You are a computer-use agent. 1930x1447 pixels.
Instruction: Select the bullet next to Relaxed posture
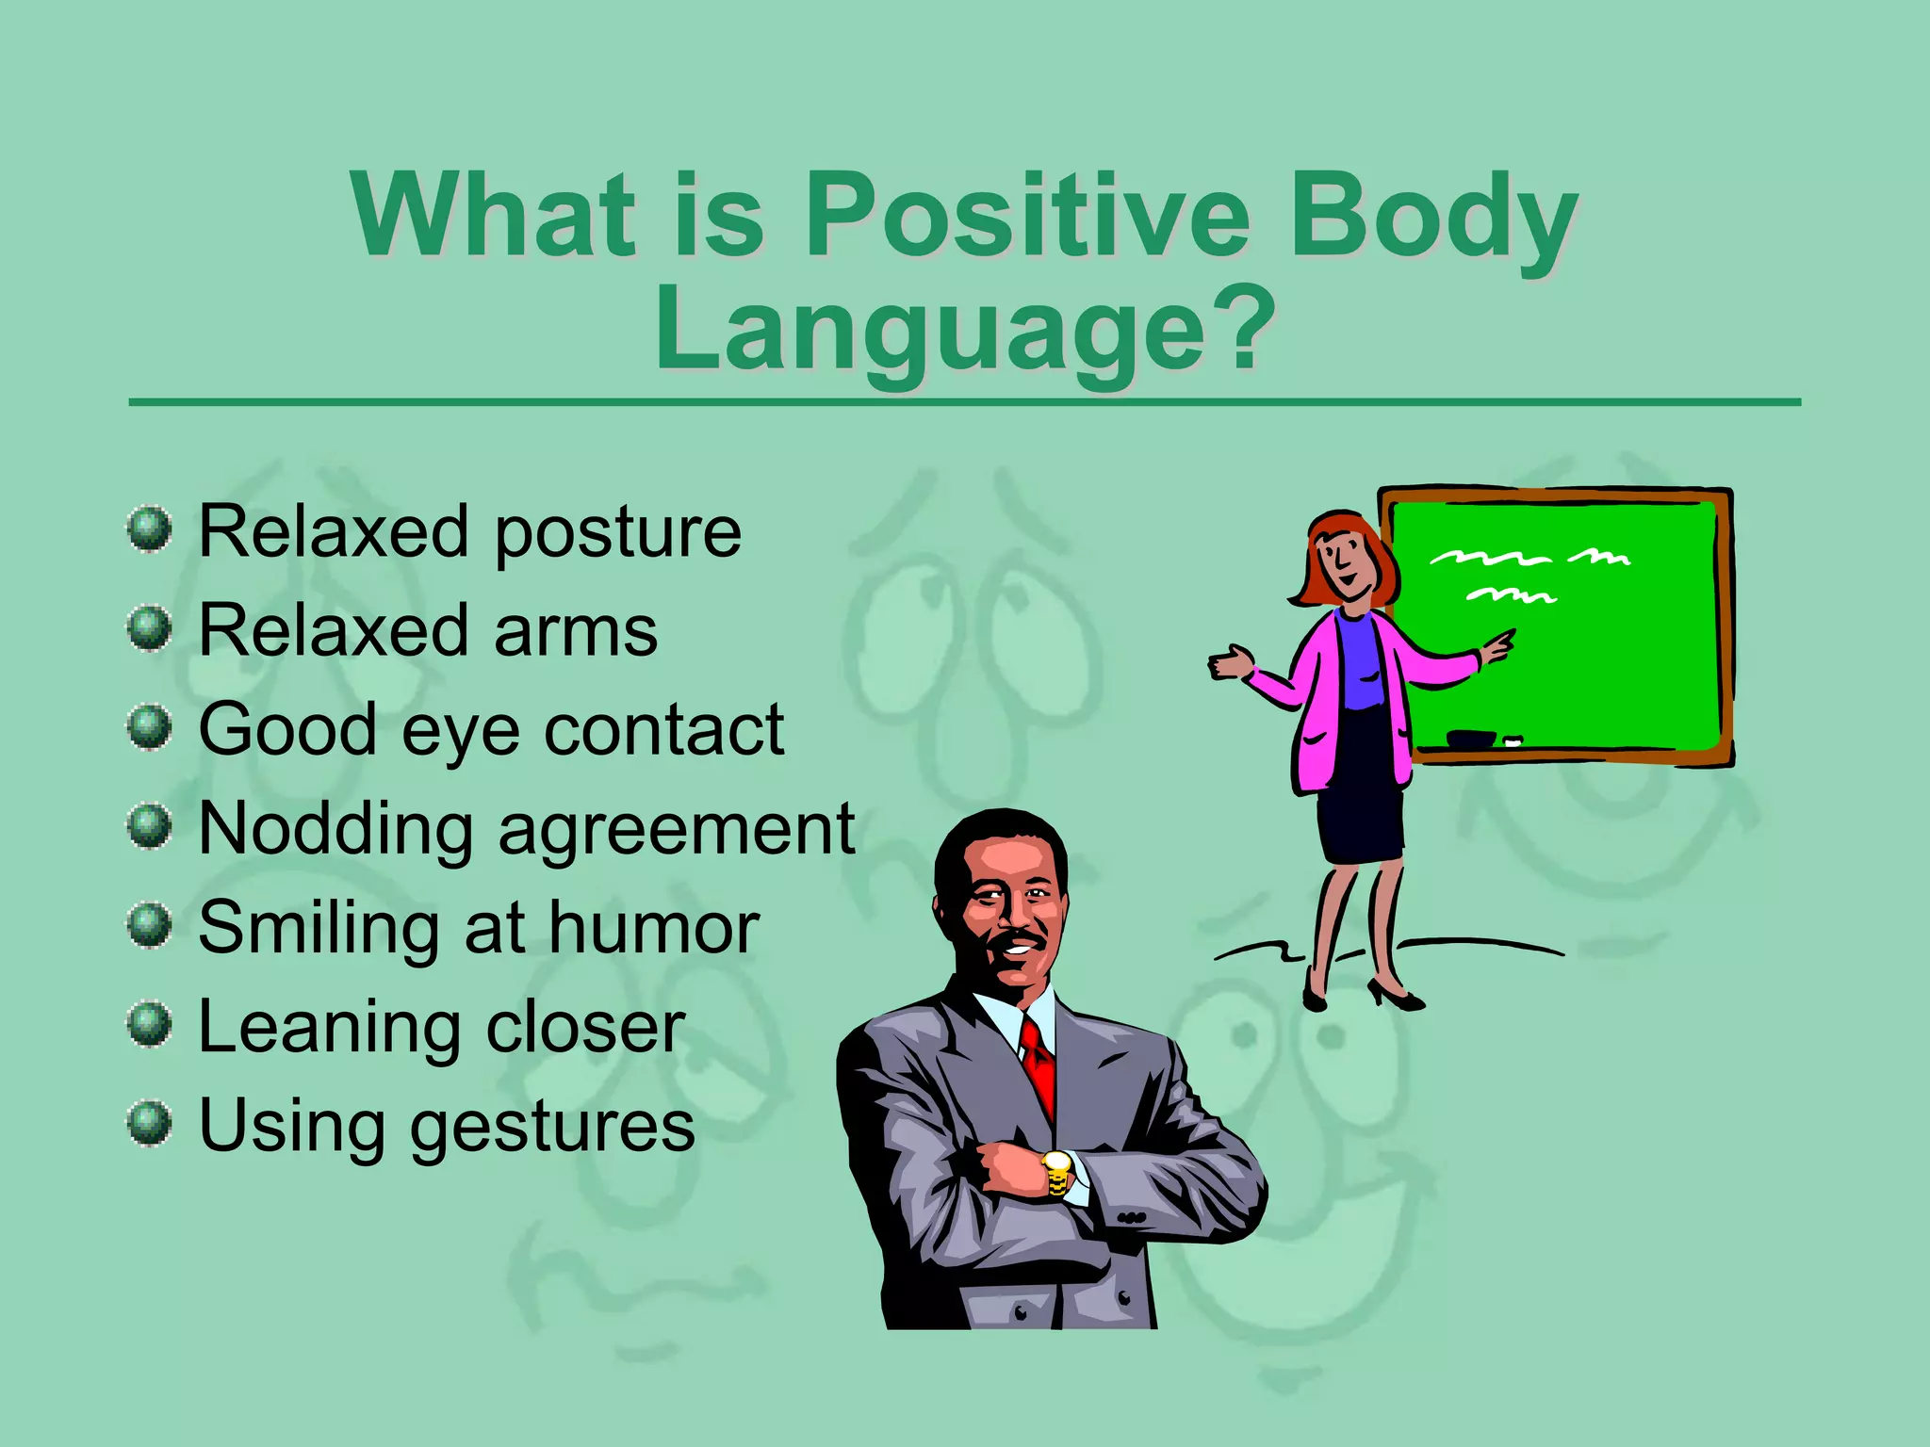click(150, 528)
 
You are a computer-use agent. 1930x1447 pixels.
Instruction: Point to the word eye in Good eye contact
click(460, 731)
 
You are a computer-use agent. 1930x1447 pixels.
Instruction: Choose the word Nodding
click(335, 829)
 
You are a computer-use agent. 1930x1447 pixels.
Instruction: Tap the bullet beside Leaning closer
click(150, 1024)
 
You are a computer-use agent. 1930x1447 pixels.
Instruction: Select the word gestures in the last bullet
click(552, 1127)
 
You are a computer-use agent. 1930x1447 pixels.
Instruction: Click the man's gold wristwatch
click(1057, 1172)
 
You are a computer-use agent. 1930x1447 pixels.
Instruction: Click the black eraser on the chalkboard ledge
click(1470, 739)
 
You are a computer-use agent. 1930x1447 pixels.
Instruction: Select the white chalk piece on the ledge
click(1513, 740)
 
